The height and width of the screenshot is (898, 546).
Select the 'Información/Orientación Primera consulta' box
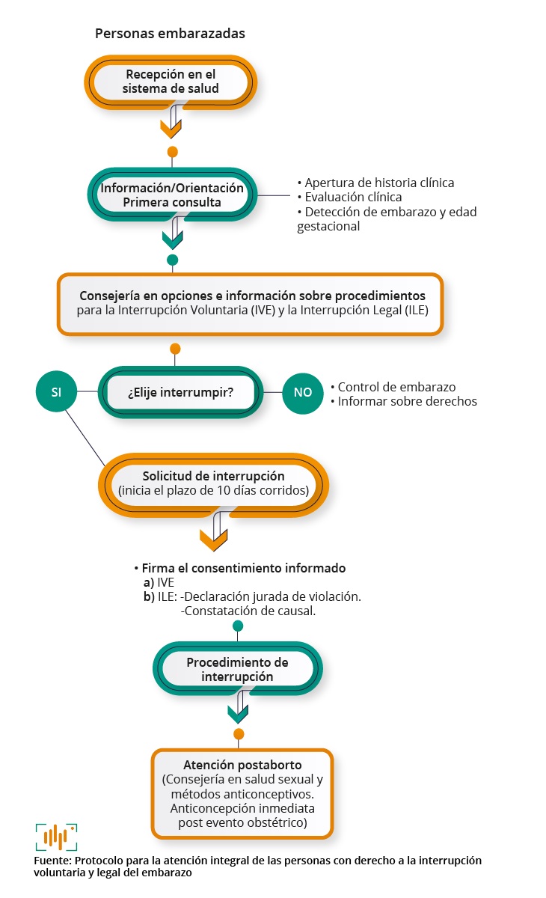pos(172,195)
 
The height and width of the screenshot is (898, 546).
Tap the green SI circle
pos(56,391)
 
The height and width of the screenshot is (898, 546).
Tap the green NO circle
pos(302,391)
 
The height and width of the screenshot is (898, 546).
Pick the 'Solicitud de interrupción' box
pos(214,483)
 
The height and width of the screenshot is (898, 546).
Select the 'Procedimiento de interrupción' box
pos(237,669)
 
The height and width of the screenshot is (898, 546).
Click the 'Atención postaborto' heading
pos(242,765)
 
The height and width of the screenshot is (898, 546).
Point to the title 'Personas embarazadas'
pos(170,34)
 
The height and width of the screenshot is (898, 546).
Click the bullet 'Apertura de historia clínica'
pos(379,183)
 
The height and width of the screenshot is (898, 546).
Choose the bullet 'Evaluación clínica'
pos(353,197)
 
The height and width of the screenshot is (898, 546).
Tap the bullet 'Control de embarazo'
pos(396,387)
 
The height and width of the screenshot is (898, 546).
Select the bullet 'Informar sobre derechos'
pos(407,401)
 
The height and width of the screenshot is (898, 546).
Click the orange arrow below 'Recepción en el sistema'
pos(172,124)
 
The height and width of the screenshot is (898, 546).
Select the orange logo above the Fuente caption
pos(57,837)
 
